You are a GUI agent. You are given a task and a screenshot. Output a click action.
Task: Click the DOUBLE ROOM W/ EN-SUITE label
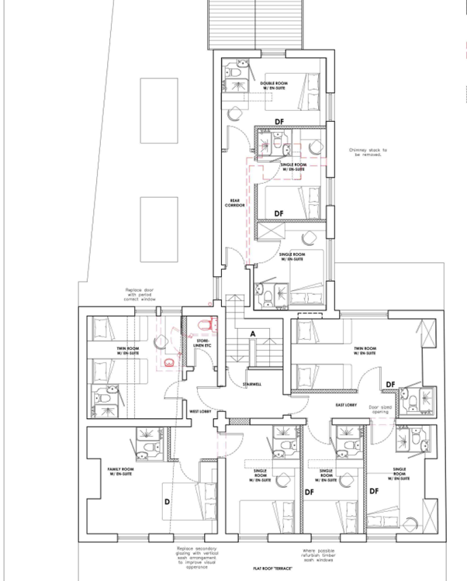[274, 86]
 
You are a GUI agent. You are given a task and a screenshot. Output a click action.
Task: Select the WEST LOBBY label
[200, 412]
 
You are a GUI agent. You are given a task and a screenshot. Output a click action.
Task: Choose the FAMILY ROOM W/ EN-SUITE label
[121, 472]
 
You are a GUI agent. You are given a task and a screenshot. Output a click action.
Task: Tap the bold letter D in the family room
[167, 503]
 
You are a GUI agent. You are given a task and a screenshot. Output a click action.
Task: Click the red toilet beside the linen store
[206, 323]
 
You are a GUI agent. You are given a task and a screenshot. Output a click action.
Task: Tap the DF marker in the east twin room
[389, 385]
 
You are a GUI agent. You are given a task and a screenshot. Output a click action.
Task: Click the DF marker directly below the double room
[279, 121]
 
